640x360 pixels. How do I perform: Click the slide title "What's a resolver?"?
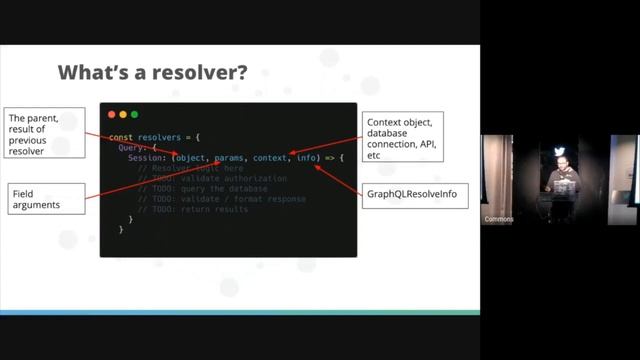point(152,72)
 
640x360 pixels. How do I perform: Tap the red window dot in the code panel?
point(111,114)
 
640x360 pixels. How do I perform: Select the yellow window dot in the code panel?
point(123,114)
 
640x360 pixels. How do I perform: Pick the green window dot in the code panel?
point(134,114)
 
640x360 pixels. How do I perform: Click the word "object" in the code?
point(190,158)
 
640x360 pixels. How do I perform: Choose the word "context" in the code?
point(270,158)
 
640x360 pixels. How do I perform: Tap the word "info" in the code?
point(308,158)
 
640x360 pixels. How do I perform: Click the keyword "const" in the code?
point(120,136)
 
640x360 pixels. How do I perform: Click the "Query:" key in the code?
point(133,147)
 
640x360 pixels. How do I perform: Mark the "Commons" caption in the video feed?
point(498,219)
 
